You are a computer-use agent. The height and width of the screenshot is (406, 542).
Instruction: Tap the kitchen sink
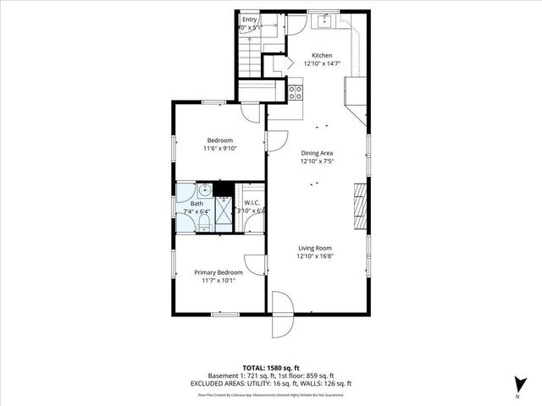tap(324, 20)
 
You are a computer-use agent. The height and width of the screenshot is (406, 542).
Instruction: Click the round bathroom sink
tap(204, 191)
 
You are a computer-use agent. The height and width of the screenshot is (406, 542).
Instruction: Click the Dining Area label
tap(317, 152)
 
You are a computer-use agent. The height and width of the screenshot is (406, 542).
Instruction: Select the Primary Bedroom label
tap(218, 272)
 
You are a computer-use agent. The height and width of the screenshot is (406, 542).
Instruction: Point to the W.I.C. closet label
tap(252, 203)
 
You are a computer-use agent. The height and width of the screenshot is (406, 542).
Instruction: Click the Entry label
tap(250, 19)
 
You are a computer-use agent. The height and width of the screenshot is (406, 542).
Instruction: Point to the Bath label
tap(196, 204)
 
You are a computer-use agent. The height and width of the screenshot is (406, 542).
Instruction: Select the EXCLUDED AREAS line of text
tap(271, 383)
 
